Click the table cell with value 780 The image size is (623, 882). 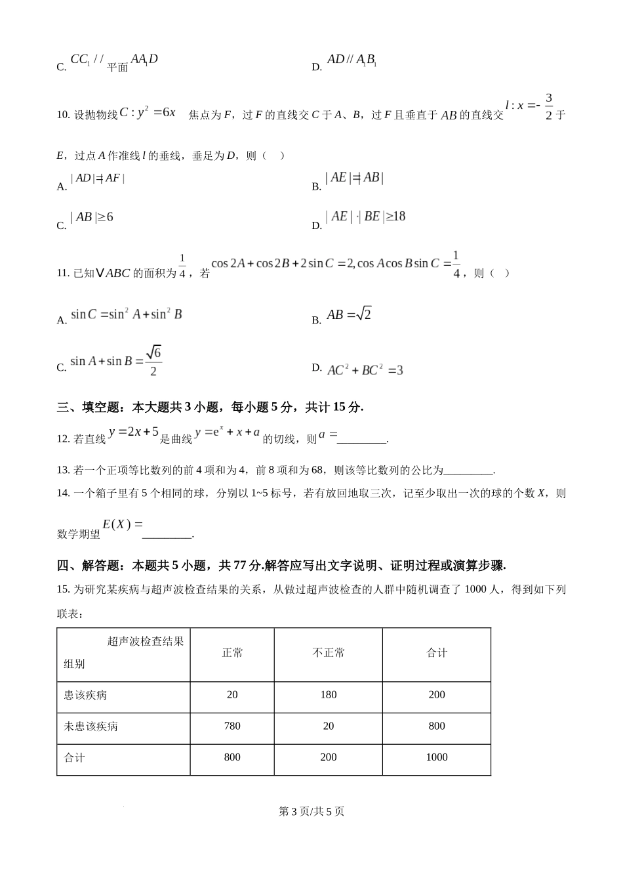[232, 726]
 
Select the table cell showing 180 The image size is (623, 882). [329, 694]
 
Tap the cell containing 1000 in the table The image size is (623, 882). [437, 757]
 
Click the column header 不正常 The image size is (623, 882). [329, 653]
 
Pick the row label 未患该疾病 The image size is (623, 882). [90, 726]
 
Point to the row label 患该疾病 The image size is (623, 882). [85, 695]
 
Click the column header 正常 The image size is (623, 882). [232, 653]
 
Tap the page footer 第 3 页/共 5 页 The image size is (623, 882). [311, 811]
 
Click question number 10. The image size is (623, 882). [63, 115]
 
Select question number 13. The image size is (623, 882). [63, 470]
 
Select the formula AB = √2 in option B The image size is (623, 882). [349, 314]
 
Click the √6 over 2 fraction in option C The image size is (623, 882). [153, 361]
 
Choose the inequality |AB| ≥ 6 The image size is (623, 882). [92, 217]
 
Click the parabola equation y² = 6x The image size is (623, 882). [148, 112]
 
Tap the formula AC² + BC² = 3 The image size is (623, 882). [365, 370]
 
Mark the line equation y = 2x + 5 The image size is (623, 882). [134, 432]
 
